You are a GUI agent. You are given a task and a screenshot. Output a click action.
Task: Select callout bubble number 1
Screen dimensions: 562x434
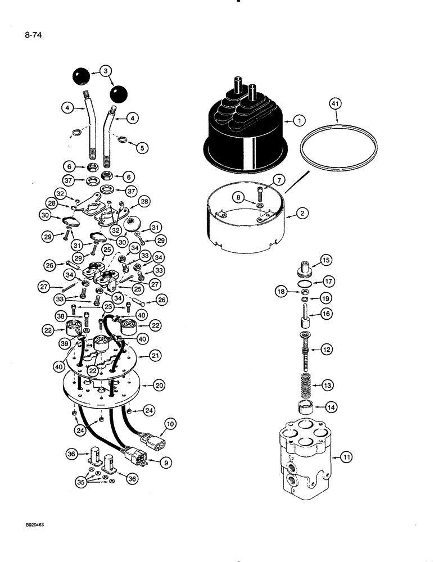point(299,121)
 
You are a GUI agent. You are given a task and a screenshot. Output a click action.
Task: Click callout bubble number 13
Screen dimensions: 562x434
point(327,386)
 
